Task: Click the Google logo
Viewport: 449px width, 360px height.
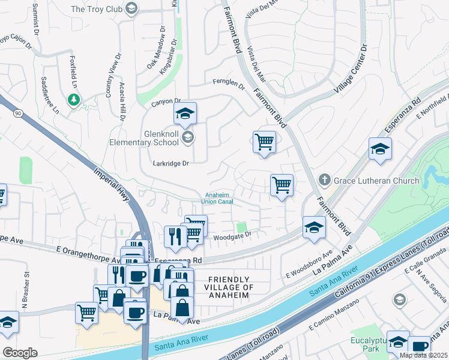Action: (20, 353)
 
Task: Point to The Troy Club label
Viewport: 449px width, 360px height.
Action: (96, 9)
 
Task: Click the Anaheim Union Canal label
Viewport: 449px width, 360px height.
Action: (218, 198)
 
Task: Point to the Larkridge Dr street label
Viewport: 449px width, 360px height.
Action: (171, 163)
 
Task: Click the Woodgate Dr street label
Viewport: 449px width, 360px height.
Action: (231, 238)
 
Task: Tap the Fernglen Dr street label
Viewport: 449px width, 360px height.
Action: (228, 83)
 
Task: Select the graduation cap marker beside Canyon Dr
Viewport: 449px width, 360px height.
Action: (185, 113)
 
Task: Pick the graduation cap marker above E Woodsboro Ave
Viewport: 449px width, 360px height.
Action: (313, 227)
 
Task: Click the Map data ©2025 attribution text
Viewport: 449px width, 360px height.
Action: (424, 355)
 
